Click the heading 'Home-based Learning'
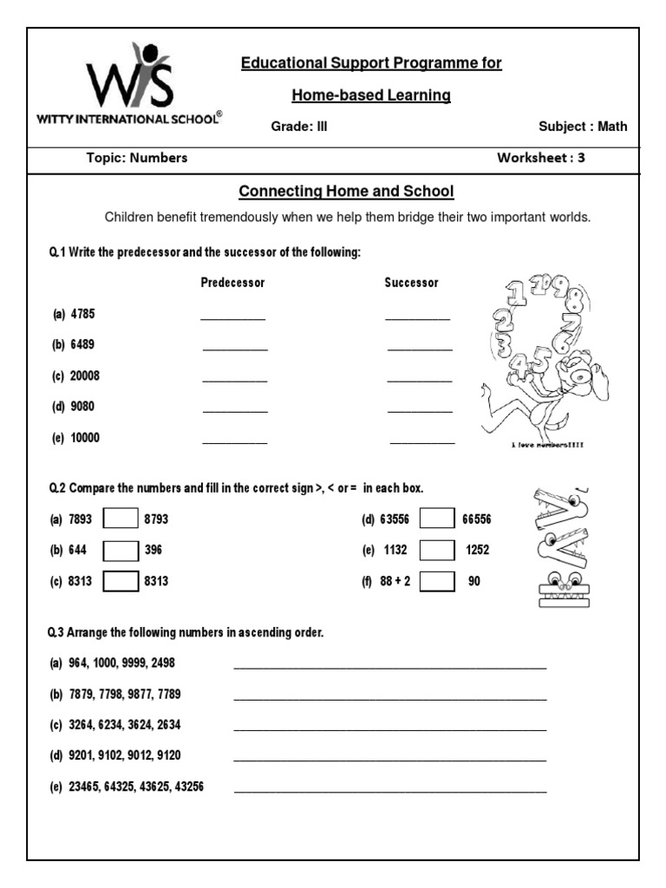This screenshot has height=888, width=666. [371, 95]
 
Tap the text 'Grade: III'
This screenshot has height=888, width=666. [299, 127]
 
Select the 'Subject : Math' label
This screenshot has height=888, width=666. [583, 127]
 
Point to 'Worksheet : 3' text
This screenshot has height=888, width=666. [540, 158]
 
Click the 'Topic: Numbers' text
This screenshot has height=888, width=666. [137, 158]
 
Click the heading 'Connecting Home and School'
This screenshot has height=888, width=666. [346, 191]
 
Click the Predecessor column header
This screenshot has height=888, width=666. [232, 283]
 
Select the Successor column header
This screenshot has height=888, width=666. [412, 283]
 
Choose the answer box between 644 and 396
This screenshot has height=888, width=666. [121, 551]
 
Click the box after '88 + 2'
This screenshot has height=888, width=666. [437, 582]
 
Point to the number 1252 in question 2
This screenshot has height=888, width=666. [479, 551]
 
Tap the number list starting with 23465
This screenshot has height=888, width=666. [136, 787]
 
